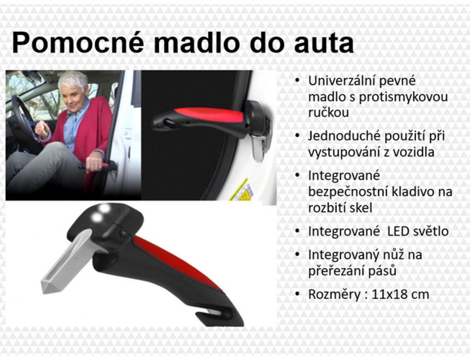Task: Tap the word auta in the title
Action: [324, 43]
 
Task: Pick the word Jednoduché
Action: [344, 136]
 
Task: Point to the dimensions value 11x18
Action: [390, 294]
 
